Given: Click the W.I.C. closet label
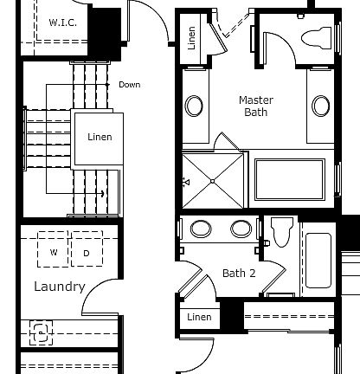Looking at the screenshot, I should point(62,22).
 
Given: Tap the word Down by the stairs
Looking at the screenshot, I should point(129,85).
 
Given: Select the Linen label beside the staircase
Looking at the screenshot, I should point(100,137).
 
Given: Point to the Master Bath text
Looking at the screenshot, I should point(255,106).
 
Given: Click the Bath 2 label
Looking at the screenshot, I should point(240,273).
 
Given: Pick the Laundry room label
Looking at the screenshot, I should point(59,287).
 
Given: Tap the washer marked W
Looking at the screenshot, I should point(54,252).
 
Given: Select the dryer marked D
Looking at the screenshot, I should point(87,252).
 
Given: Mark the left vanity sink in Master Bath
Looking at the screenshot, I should point(195,106).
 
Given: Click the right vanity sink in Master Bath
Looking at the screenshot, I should point(321,106).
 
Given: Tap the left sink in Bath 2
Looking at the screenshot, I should point(201,229).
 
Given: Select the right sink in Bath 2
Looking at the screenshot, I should point(240,229).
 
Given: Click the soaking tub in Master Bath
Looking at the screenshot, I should point(289,182).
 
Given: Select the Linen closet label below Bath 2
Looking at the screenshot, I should point(199,317).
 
